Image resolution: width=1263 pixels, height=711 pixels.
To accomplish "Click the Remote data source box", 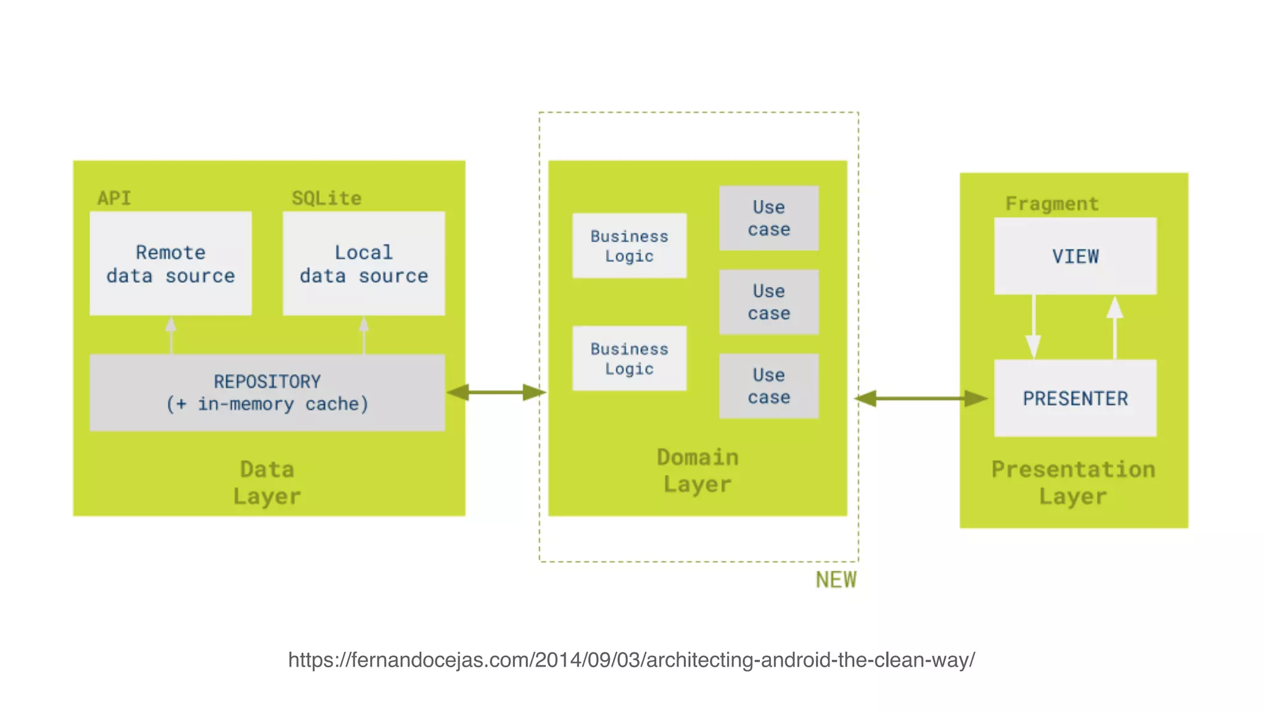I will click(x=170, y=264).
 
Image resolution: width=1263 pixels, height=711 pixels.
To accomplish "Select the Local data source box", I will click(x=363, y=264).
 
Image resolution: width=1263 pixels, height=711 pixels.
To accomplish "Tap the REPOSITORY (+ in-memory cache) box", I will click(x=267, y=393).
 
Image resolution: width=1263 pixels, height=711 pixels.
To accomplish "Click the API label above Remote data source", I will click(x=114, y=198).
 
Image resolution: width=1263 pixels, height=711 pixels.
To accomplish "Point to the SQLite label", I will click(x=326, y=198).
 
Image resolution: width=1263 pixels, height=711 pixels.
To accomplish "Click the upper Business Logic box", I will click(x=629, y=246).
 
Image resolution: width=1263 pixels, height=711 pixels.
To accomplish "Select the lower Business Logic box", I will click(x=629, y=358).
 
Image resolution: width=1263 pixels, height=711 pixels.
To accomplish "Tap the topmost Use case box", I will click(x=768, y=218).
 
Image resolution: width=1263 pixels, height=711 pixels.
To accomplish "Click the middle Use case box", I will click(x=768, y=302).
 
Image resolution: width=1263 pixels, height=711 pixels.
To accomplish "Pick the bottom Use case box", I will click(x=768, y=386).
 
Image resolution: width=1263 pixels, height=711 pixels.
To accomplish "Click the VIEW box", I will click(x=1075, y=256).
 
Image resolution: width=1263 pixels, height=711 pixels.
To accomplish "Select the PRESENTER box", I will click(x=1075, y=398).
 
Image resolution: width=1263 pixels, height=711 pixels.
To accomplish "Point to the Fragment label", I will click(x=1051, y=204).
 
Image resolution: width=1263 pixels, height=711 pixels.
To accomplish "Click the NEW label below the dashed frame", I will click(x=836, y=580).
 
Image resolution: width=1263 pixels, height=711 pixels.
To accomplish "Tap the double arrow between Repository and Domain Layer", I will click(x=496, y=392).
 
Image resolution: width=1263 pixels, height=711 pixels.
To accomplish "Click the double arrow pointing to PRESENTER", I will click(x=921, y=398).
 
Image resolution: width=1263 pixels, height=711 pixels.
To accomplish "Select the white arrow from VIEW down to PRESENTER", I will click(x=1034, y=327).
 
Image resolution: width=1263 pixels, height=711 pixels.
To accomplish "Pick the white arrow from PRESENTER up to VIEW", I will click(x=1114, y=327).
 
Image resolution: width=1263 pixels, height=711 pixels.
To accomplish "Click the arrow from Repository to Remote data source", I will click(x=171, y=335).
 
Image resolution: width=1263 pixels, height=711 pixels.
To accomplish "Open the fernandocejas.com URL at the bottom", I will click(x=631, y=660).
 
